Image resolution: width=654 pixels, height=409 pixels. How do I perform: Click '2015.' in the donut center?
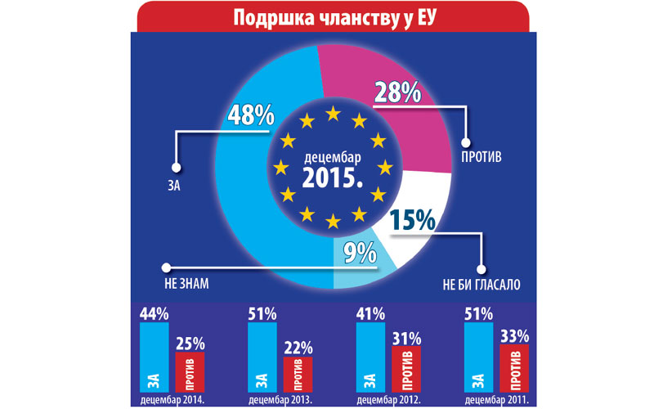click(x=331, y=176)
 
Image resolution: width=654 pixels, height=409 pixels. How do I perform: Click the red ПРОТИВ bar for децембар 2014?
click(x=189, y=371)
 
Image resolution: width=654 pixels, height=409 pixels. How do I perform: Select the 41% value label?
click(x=370, y=313)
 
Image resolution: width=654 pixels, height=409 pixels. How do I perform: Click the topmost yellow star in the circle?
click(x=332, y=115)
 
